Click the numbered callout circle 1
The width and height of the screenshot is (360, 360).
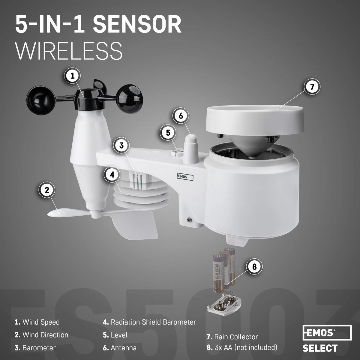(x=72, y=76)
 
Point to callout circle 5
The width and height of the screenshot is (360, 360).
(x=168, y=132)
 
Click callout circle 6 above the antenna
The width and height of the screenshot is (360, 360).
(x=180, y=115)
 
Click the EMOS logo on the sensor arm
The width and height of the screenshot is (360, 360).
(x=184, y=177)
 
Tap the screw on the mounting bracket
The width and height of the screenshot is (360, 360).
(x=189, y=220)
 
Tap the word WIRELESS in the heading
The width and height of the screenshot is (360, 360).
(x=69, y=51)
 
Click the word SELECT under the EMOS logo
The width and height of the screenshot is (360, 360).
(x=320, y=348)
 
